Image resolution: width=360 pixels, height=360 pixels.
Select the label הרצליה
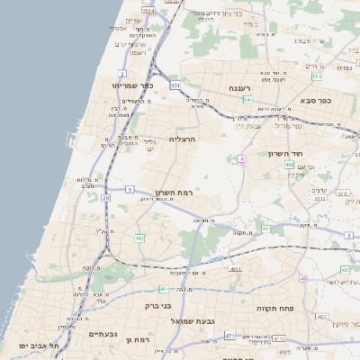click(182, 139)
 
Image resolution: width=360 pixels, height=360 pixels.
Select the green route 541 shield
click(247, 99)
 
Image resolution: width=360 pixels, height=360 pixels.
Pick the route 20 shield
click(106, 197)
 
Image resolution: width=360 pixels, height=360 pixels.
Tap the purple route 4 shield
click(241, 159)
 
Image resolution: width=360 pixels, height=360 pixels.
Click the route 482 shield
click(139, 238)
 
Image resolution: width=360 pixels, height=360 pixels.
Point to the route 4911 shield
click(235, 268)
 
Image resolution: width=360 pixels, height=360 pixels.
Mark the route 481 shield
click(163, 289)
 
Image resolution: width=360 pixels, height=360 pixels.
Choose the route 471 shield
click(229, 336)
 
